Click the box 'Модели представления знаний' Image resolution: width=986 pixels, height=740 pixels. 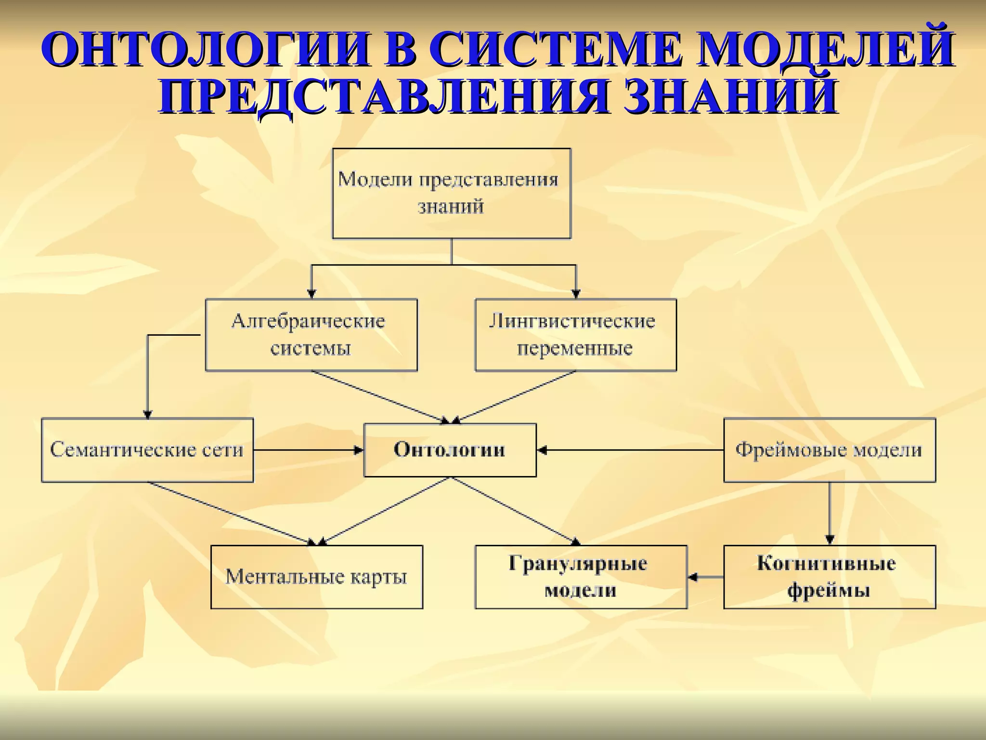(452, 193)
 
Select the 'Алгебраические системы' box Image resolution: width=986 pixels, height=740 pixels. (311, 335)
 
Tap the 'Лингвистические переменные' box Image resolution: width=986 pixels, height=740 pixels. (575, 335)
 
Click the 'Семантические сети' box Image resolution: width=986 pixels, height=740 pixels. (147, 450)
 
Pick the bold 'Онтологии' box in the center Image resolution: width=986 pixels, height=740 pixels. (450, 450)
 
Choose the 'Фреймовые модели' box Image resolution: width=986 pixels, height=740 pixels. (829, 450)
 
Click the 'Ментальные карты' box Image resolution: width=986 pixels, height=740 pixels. (316, 577)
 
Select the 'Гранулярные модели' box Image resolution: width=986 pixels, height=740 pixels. (581, 577)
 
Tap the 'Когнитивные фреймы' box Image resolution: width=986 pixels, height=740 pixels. (829, 577)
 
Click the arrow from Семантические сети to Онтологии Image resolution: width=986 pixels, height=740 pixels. (308, 450)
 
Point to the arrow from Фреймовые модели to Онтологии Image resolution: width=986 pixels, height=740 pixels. (631, 450)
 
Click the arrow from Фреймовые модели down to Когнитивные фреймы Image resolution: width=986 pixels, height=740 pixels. (830, 513)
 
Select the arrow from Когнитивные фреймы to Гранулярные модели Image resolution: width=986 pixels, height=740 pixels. (706, 577)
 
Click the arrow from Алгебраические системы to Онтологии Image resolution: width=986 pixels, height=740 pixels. (380, 397)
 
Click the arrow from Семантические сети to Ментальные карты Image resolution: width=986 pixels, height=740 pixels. (231, 513)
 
